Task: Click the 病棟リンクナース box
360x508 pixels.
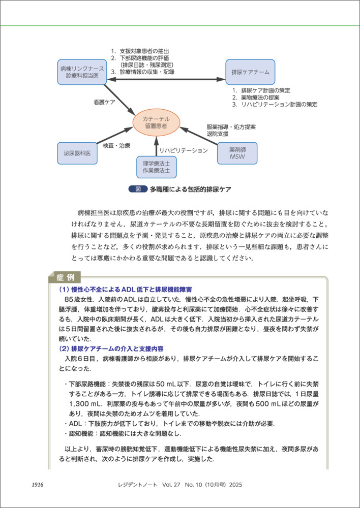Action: (81, 72)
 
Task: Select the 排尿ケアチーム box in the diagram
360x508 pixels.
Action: (250, 72)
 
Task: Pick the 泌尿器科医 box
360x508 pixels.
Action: (77, 153)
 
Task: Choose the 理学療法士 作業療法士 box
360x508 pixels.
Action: (157, 167)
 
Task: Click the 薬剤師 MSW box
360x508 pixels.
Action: (237, 153)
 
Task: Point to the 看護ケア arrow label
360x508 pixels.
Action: (104, 102)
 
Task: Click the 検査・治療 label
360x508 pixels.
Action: (116, 146)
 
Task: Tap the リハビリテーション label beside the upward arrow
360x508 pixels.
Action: (184, 151)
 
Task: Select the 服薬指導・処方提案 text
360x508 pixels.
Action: (231, 126)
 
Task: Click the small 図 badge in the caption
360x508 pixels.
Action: (137, 189)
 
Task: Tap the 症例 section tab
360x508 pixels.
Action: (64, 277)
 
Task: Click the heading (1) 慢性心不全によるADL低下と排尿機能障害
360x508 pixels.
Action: (129, 290)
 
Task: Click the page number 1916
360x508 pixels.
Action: (38, 485)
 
